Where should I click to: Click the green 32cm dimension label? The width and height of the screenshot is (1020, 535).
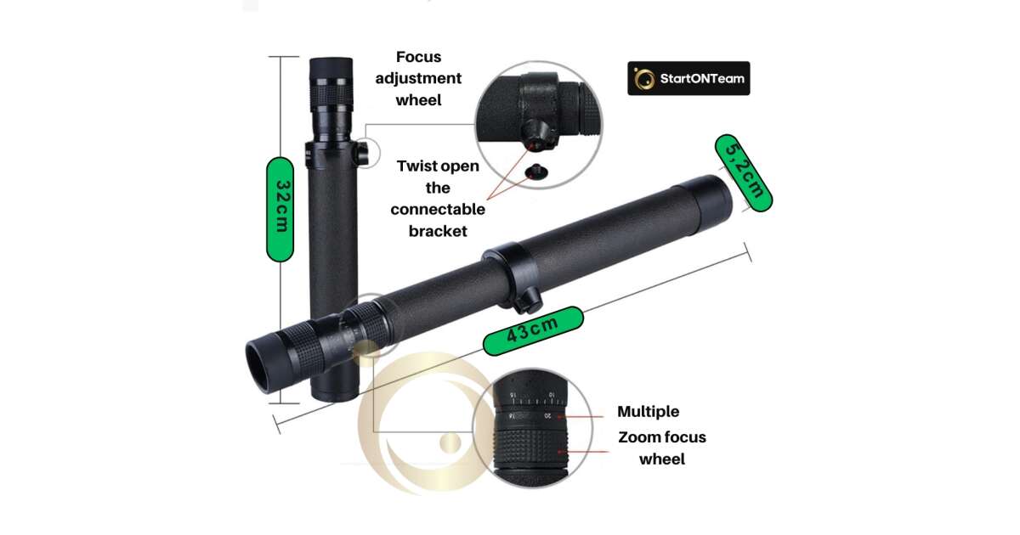[x=280, y=209]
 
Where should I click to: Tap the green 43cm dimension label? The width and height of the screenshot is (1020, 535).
[x=533, y=330]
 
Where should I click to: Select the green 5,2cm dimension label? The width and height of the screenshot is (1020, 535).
[x=743, y=173]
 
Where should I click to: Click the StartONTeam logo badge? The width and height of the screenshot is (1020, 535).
[x=688, y=78]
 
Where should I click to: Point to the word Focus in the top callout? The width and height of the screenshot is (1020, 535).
[x=418, y=57]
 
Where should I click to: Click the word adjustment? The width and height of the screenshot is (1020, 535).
[x=418, y=78]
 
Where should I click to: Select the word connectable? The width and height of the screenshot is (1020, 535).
[x=438, y=209]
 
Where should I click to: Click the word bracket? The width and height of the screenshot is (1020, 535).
[x=438, y=231]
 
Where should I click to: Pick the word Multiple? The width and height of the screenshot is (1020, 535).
[x=648, y=412]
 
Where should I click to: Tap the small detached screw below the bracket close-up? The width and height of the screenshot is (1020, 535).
[x=536, y=172]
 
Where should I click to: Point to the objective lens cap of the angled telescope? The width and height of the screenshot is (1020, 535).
[x=705, y=200]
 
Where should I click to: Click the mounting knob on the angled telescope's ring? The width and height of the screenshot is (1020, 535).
[x=529, y=301]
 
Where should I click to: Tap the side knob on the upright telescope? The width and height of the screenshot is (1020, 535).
[x=362, y=153]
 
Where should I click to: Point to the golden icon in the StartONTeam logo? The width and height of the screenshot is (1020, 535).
[x=644, y=79]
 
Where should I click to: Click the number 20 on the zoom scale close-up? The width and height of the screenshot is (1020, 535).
[x=547, y=416]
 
